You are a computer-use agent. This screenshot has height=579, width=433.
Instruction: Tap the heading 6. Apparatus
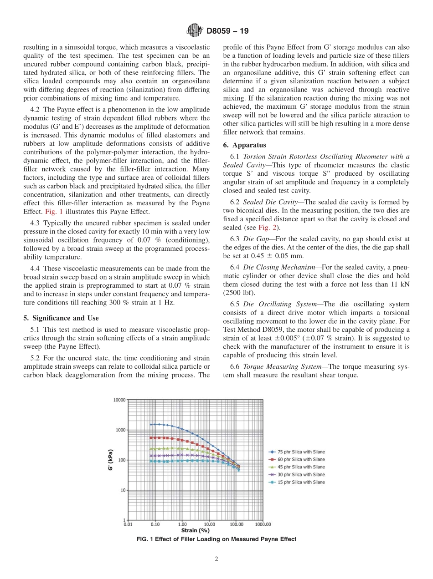(x=244, y=145)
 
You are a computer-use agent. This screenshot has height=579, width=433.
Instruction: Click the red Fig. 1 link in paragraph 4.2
(x=52, y=212)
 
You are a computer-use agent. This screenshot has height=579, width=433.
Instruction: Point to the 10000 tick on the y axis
(x=119, y=400)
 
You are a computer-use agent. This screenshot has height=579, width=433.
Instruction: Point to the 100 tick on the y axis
(x=121, y=460)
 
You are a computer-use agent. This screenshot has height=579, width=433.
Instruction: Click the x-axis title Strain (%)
(x=195, y=530)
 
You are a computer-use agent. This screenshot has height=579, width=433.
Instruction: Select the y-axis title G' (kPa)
(x=110, y=460)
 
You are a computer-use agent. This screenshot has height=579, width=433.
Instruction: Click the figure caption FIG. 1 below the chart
(x=216, y=539)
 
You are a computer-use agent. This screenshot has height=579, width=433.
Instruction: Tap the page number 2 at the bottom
(x=216, y=560)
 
